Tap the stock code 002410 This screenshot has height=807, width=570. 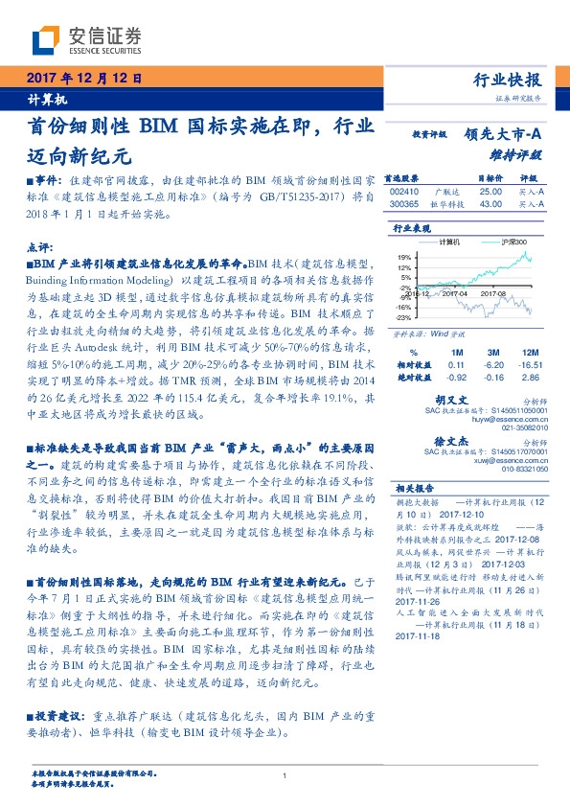(405, 192)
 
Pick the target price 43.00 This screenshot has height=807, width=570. (490, 204)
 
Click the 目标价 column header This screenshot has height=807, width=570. (490, 179)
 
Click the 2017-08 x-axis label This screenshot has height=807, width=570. (494, 293)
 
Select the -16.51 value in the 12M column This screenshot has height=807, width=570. (531, 365)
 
